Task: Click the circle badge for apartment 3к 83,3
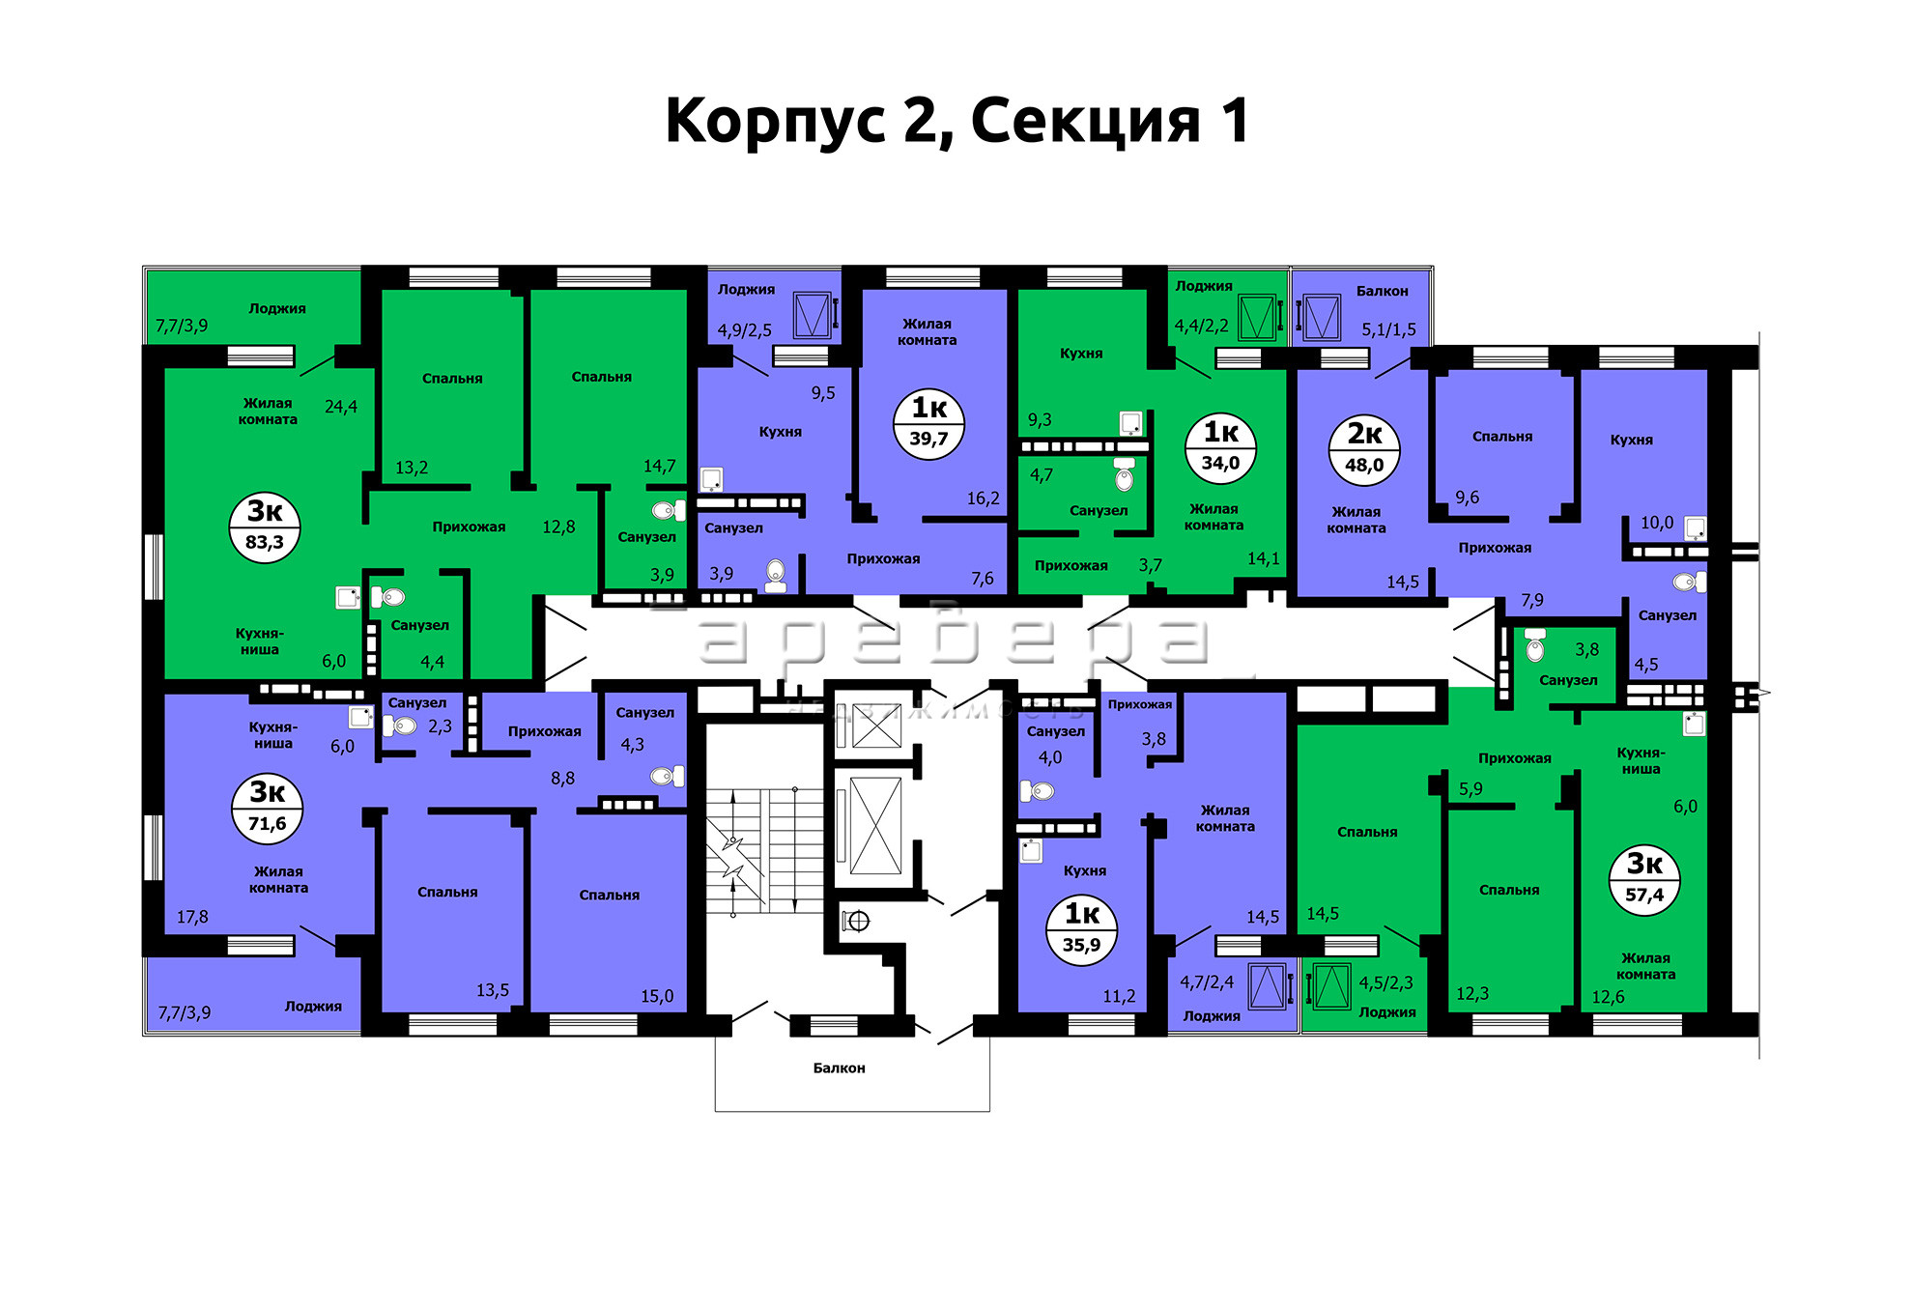(265, 527)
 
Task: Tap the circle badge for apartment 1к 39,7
(929, 424)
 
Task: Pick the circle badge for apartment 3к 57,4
(1644, 880)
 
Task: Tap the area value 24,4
(341, 408)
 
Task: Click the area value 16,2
(984, 498)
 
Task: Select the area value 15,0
(657, 996)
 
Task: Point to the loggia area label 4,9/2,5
(744, 330)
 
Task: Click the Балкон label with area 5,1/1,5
(1382, 291)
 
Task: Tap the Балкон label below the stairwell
(839, 1067)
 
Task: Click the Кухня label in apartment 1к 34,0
(1081, 354)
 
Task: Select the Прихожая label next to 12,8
(469, 526)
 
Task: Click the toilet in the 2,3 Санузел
(404, 726)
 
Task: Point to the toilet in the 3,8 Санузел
(1535, 646)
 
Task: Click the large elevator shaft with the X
(874, 827)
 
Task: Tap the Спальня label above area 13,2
(452, 379)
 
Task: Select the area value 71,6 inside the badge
(267, 824)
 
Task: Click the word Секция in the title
(1085, 123)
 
